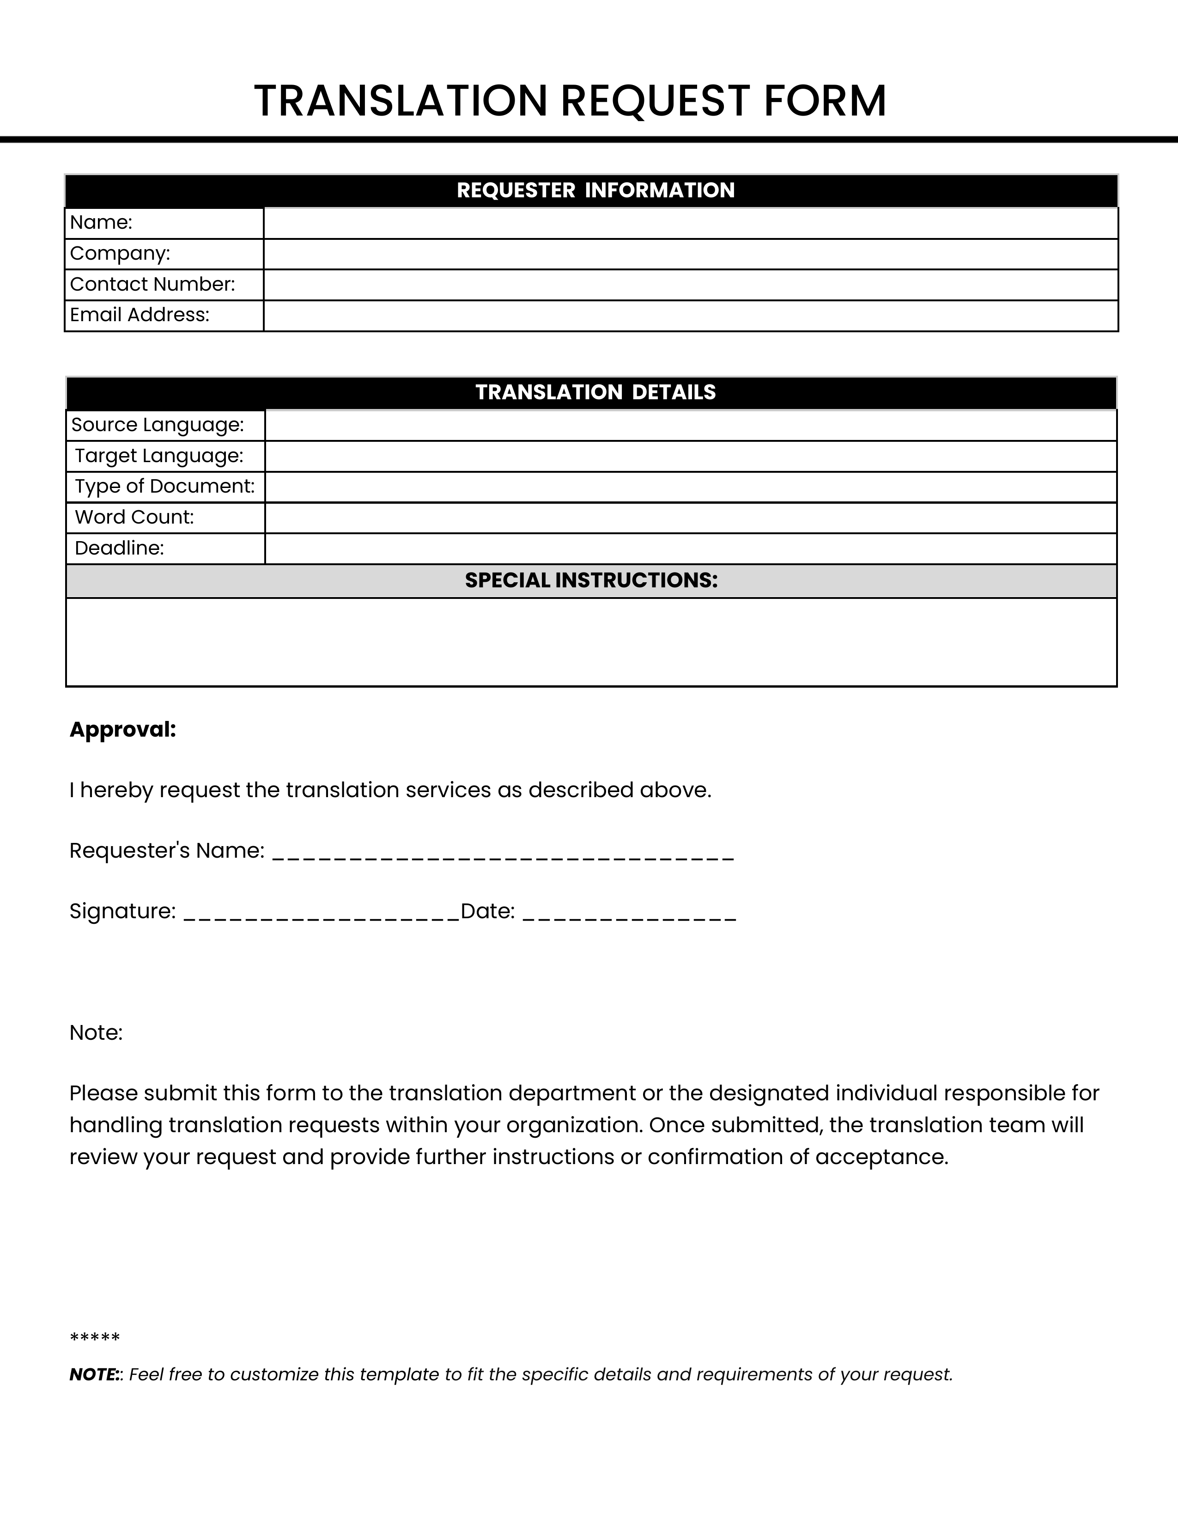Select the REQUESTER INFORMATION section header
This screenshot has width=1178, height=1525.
point(595,190)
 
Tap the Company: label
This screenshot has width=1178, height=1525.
point(120,253)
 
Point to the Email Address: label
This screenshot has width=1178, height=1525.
point(140,315)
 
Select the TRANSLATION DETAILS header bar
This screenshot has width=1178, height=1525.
point(595,392)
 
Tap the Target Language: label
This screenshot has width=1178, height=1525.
point(159,456)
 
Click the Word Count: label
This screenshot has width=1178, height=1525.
point(134,518)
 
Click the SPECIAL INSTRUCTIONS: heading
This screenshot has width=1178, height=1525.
point(591,580)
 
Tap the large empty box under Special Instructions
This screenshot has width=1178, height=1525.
point(591,642)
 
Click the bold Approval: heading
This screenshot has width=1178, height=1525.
point(123,730)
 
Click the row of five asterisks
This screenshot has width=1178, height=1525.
point(95,1338)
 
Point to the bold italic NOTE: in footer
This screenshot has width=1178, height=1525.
point(95,1375)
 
